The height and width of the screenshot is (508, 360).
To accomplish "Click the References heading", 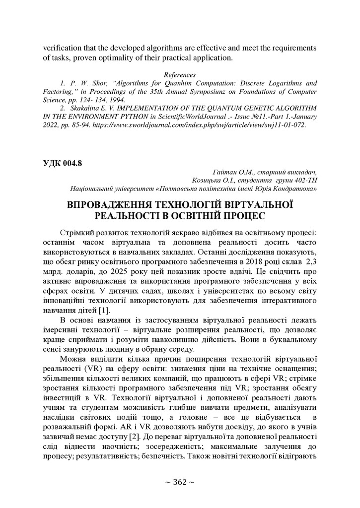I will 180,74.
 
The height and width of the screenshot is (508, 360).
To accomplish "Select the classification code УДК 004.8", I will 64,162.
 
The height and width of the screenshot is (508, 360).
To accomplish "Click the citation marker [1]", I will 103,311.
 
